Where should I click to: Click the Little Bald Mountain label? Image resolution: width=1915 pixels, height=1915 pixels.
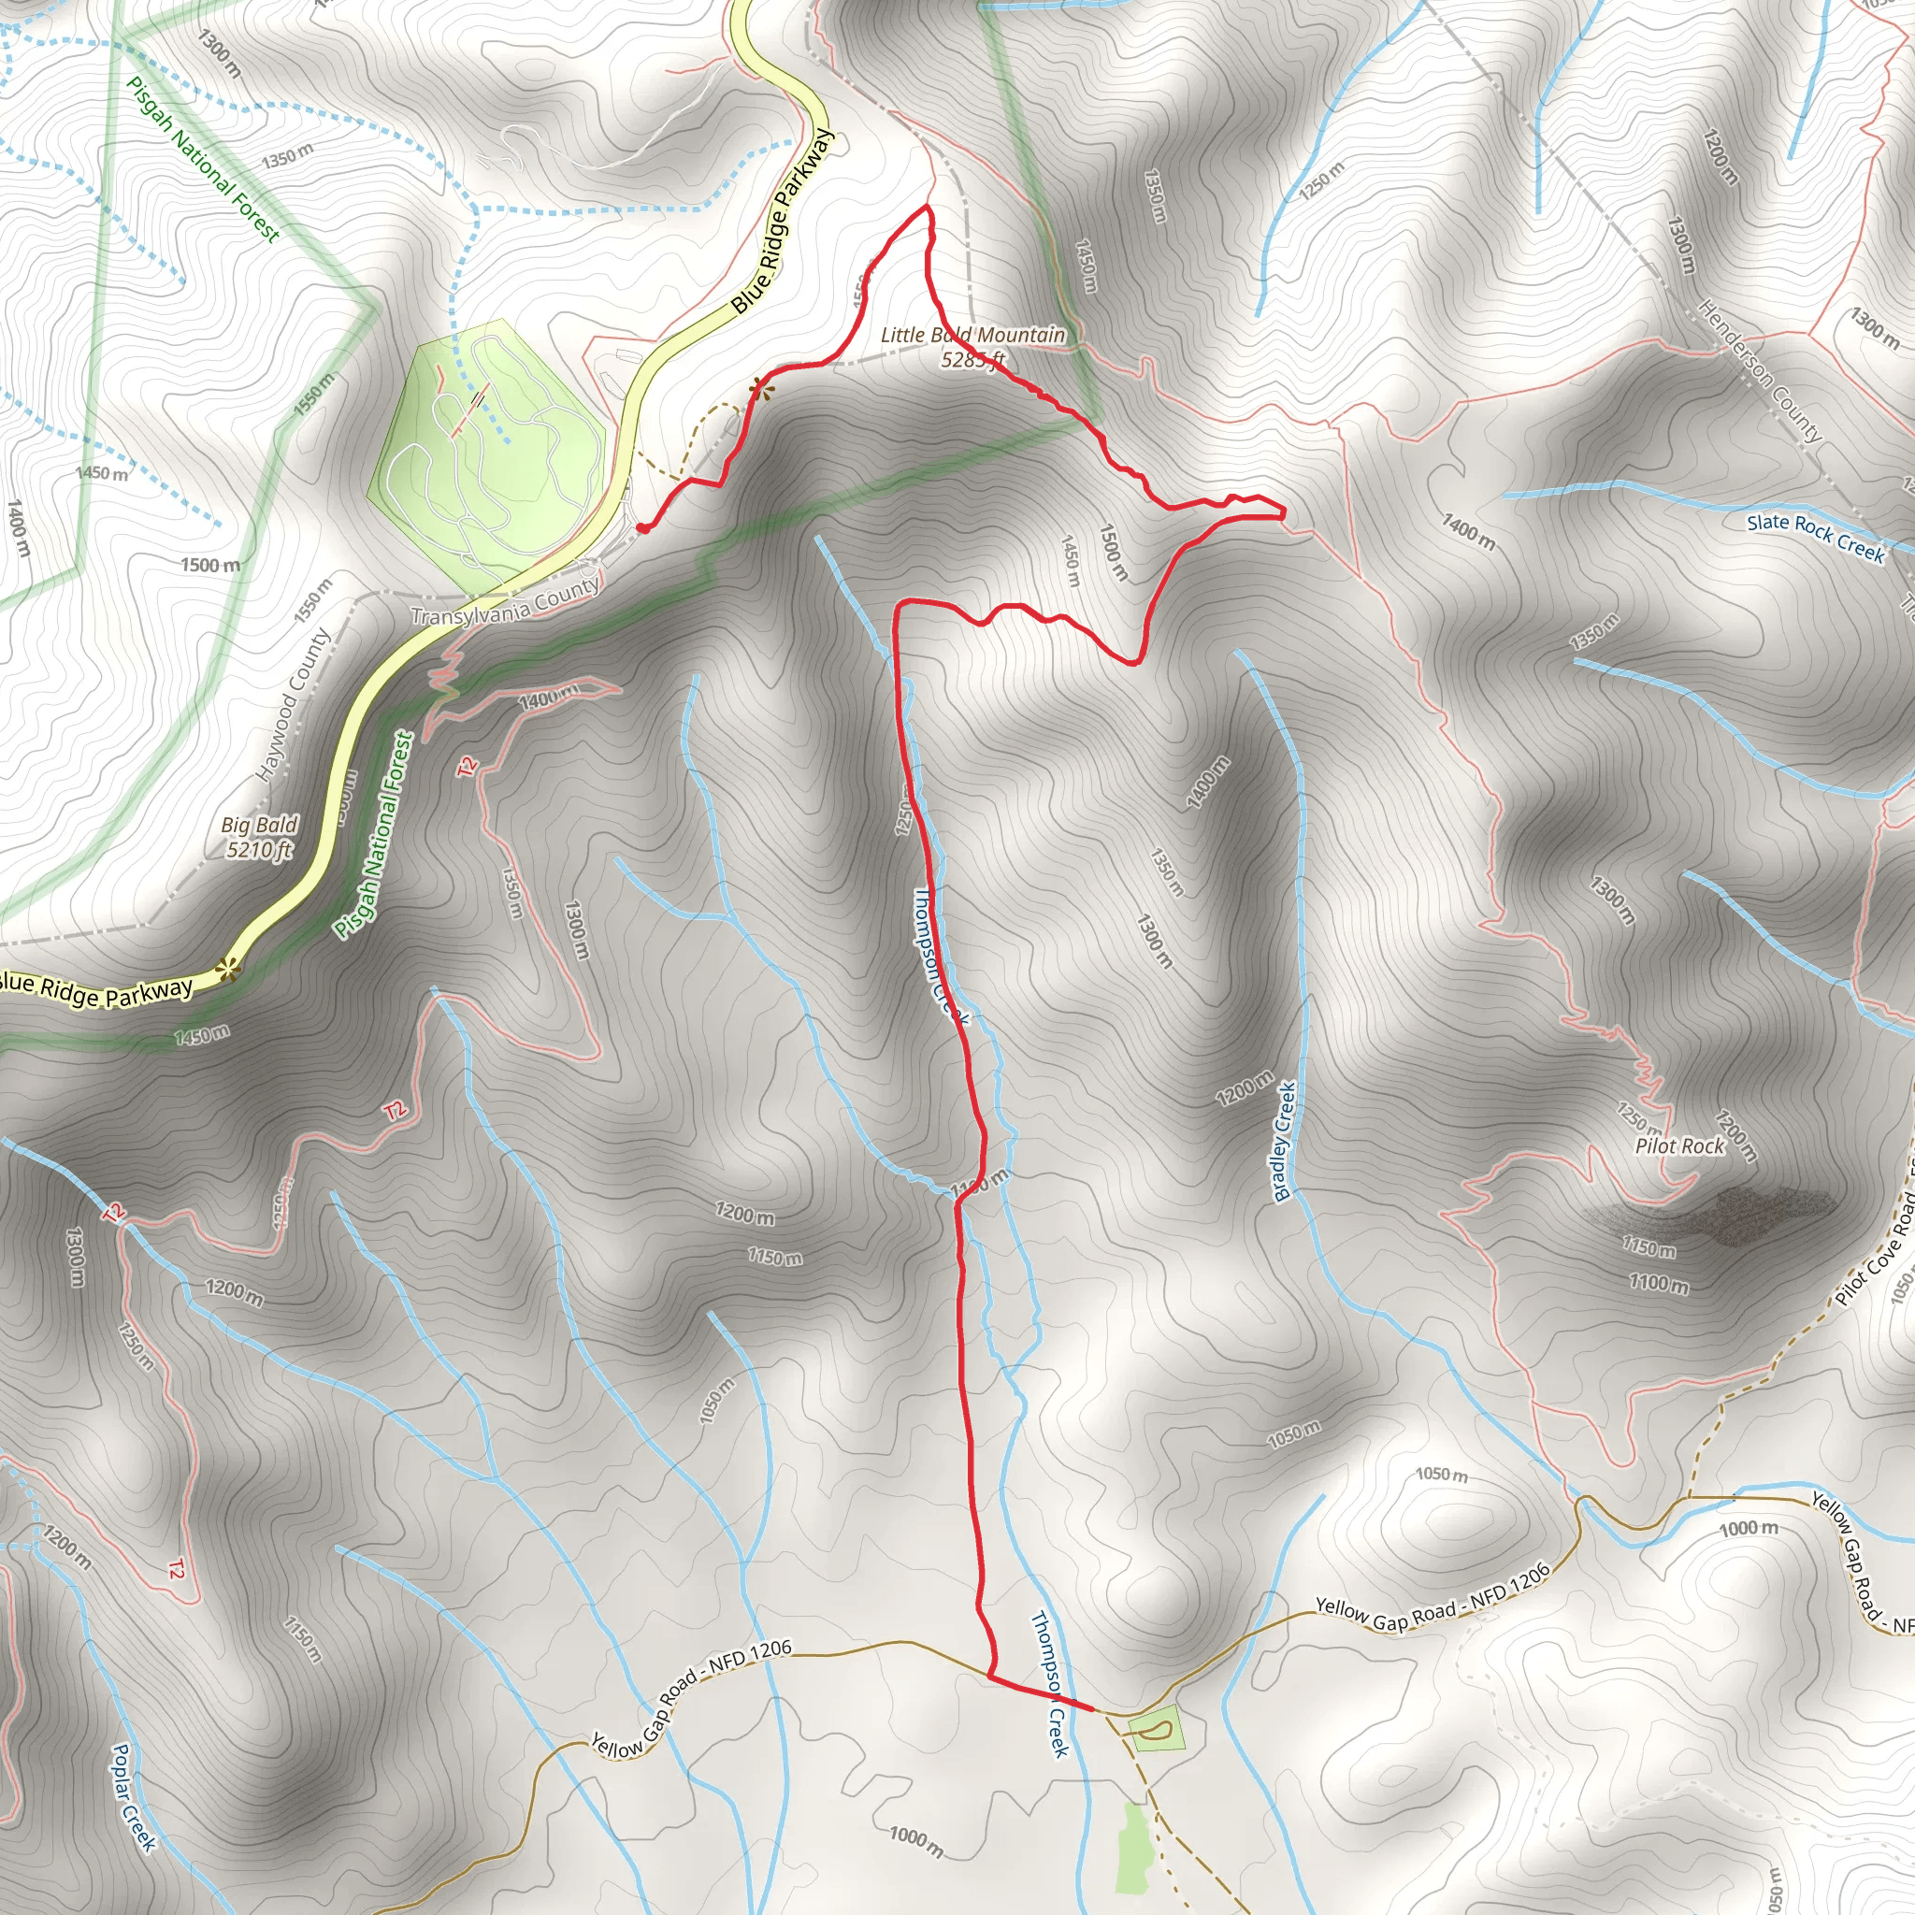coord(972,336)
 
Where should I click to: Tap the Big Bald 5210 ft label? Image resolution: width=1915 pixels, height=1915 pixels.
coord(259,837)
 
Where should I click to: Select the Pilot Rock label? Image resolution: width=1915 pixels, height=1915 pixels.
coord(1680,1146)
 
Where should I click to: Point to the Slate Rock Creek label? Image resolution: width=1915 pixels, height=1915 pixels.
coord(1815,536)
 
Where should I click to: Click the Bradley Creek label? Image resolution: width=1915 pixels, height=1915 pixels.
coord(1285,1142)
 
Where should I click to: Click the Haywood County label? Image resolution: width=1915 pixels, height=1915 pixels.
coord(293,705)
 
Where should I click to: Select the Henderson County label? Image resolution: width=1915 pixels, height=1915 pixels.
coord(1760,370)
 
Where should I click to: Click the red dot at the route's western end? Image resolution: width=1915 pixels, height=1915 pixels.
coord(643,528)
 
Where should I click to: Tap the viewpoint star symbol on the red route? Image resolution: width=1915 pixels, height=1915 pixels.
coord(760,389)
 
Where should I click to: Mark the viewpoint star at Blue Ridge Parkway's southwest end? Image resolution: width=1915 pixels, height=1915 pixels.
coord(229,969)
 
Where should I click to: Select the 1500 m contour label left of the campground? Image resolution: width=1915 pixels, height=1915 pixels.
coord(210,565)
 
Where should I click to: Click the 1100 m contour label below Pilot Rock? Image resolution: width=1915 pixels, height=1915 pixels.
coord(1658,1284)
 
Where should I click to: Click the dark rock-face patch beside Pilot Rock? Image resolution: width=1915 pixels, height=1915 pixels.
coord(1739,1215)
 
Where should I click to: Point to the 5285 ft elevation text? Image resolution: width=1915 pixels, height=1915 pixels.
coord(973,359)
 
